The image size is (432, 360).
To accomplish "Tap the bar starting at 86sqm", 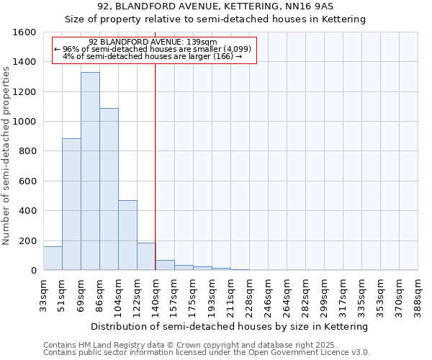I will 109,189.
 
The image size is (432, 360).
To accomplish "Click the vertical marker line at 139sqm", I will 156,166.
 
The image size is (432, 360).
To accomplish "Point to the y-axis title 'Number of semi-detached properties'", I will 6,152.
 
